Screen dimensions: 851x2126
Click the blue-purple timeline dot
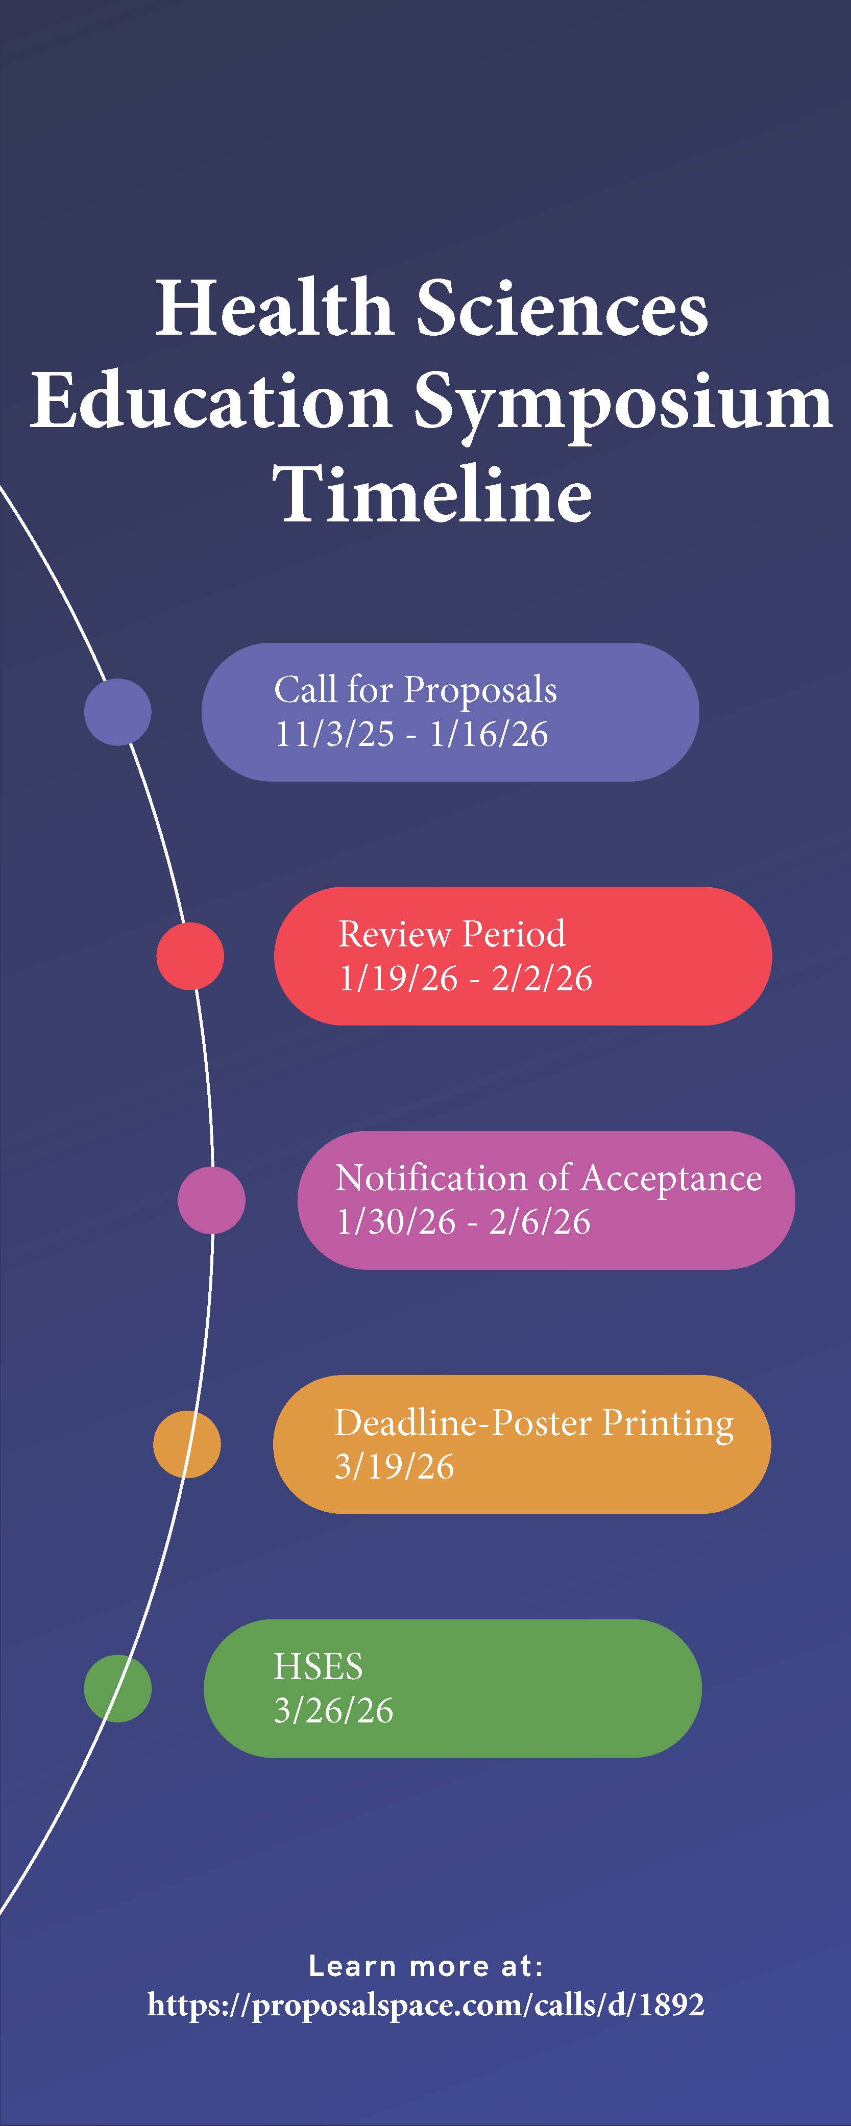pos(118,711)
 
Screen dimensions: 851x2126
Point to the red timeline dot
pos(190,956)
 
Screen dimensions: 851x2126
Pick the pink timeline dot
pos(211,1200)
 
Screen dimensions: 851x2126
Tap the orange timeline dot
pos(186,1444)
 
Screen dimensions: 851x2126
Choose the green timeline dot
pos(118,1689)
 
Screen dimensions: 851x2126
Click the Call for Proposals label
pos(415,690)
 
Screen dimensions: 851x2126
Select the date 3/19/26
pos(394,1467)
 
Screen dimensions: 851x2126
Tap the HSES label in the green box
pos(318,1666)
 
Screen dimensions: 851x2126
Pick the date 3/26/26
pos(333,1711)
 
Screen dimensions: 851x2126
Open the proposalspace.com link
pos(426,2004)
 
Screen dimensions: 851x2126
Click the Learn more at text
pos(426,1966)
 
